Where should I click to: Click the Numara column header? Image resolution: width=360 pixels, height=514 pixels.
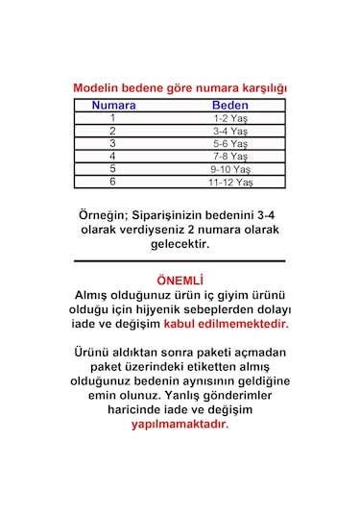113,106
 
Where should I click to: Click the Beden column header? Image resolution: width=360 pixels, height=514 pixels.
230,106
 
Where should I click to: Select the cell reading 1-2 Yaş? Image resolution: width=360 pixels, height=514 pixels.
230,118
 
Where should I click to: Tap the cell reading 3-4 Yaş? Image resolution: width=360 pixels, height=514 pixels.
230,131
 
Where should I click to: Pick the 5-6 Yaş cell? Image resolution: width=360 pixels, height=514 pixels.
230,143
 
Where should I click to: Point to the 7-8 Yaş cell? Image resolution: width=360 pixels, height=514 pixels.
230,156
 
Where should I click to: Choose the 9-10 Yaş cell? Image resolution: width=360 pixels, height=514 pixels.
230,168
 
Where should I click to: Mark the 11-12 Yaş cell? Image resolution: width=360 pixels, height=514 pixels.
230,181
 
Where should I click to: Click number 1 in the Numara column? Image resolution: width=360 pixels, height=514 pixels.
112,118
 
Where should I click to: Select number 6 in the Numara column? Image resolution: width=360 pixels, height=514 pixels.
112,181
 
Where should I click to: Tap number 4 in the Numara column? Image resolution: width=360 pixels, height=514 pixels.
112,156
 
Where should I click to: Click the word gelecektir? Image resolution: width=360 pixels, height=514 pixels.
180,244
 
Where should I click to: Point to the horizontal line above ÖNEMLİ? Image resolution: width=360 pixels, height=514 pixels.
180,260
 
